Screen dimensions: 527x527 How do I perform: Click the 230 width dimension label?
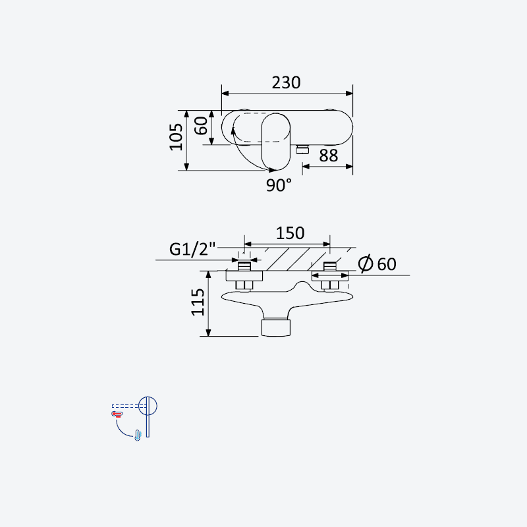click(x=286, y=83)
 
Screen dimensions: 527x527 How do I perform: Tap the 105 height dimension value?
click(x=176, y=137)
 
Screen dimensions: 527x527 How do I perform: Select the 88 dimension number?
click(x=328, y=155)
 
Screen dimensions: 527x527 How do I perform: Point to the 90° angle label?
click(x=279, y=185)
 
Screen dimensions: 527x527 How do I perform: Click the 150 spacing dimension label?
click(x=290, y=233)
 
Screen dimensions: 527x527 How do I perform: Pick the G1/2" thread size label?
click(x=192, y=250)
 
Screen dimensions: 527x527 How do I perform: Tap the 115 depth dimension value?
click(x=198, y=302)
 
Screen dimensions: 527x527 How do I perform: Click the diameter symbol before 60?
click(x=366, y=263)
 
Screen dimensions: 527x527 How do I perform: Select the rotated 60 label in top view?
click(x=202, y=126)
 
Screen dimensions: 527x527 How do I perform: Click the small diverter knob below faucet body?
click(x=302, y=149)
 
